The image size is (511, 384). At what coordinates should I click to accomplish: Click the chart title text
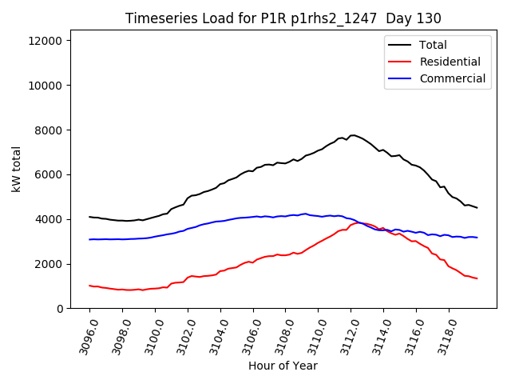(x=283, y=18)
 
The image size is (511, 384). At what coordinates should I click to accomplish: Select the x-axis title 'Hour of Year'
(x=283, y=366)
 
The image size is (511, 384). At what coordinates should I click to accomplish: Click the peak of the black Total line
(x=352, y=135)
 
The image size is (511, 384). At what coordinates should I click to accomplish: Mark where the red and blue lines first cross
(x=359, y=222)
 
